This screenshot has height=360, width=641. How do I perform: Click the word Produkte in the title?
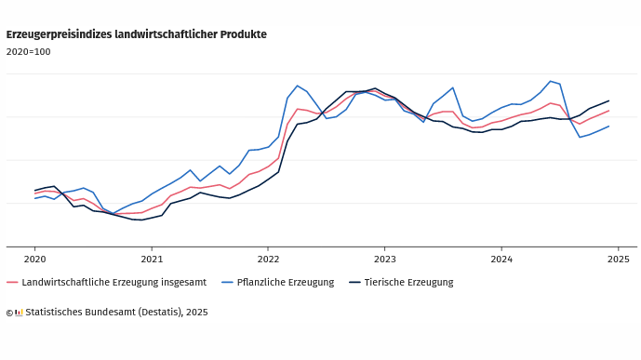coord(243,34)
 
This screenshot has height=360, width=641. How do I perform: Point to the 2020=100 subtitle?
coord(28,52)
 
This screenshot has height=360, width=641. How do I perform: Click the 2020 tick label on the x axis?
coord(34,259)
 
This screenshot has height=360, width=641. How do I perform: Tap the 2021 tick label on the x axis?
coord(152,259)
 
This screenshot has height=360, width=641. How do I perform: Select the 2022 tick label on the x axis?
coord(268,259)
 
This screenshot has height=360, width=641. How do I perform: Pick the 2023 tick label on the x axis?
coord(384,259)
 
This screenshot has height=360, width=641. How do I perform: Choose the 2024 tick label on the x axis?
coord(501,259)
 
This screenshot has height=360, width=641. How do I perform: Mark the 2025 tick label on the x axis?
coord(618,259)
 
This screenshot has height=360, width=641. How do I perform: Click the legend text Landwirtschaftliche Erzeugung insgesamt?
coord(114,283)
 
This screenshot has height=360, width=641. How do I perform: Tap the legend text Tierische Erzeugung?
coord(408,283)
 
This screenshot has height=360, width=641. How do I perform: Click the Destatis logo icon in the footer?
coord(19,313)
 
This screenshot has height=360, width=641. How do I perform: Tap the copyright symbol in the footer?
coord(9,313)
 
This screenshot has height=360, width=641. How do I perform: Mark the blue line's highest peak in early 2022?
coord(297,86)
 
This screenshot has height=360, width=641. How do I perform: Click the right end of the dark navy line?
coord(608,100)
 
